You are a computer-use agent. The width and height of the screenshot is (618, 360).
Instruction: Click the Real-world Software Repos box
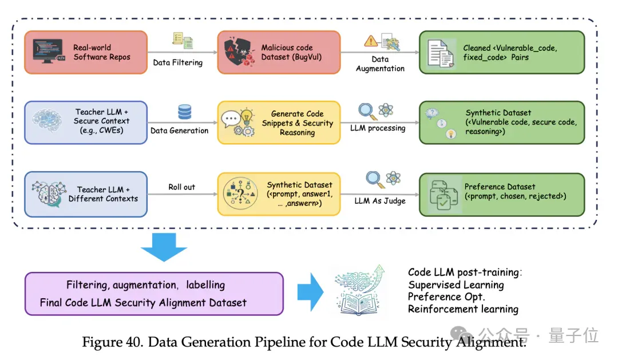(x=86, y=53)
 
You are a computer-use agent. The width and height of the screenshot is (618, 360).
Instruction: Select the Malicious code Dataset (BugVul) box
(x=279, y=53)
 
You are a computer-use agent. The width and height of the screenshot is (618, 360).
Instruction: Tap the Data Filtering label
(x=178, y=62)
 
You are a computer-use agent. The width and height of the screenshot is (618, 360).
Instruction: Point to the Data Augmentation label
(x=380, y=64)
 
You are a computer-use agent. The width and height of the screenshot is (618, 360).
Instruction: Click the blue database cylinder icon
(x=184, y=112)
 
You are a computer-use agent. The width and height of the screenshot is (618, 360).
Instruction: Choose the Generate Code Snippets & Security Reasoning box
(x=279, y=122)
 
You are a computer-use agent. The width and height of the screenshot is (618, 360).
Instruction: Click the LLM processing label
(x=378, y=128)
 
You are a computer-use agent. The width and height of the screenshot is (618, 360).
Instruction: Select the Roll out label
(x=182, y=187)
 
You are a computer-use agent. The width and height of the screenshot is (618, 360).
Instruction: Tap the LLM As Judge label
(x=380, y=201)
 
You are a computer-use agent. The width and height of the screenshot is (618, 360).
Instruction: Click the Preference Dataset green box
(x=502, y=195)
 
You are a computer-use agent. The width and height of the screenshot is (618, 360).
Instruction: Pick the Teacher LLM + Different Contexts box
(x=86, y=195)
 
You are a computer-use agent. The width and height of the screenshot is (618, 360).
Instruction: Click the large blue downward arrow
(x=164, y=247)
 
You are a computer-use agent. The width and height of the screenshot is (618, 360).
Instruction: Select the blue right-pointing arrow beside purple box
(x=311, y=292)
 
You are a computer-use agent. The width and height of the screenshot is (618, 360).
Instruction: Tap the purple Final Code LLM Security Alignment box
(x=154, y=294)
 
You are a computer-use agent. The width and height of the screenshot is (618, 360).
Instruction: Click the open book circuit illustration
(x=359, y=291)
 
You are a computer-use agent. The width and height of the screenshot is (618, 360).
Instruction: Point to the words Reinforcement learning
(x=463, y=309)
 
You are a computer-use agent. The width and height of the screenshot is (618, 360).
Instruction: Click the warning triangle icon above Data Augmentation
(x=370, y=41)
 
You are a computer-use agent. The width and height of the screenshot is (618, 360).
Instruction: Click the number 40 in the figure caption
(x=134, y=342)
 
